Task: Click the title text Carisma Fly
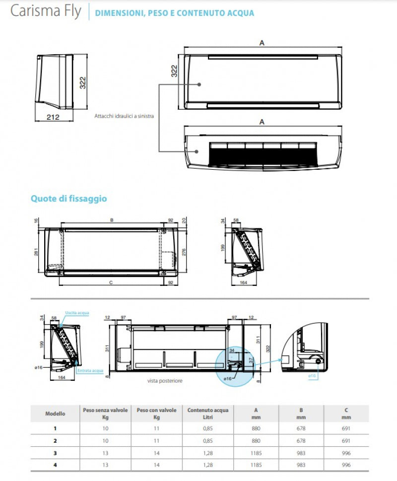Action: point(45,11)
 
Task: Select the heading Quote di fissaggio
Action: point(68,199)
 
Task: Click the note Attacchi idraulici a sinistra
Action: point(124,116)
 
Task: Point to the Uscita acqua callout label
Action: point(77,313)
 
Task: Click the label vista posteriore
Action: point(165,381)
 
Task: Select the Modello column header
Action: point(55,413)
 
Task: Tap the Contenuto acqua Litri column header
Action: point(207,413)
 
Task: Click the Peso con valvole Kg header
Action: point(156,413)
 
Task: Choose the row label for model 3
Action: point(55,453)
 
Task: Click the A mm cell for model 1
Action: point(256,428)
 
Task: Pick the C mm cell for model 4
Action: point(346,465)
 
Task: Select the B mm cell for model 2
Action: point(301,440)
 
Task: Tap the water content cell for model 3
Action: point(207,453)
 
